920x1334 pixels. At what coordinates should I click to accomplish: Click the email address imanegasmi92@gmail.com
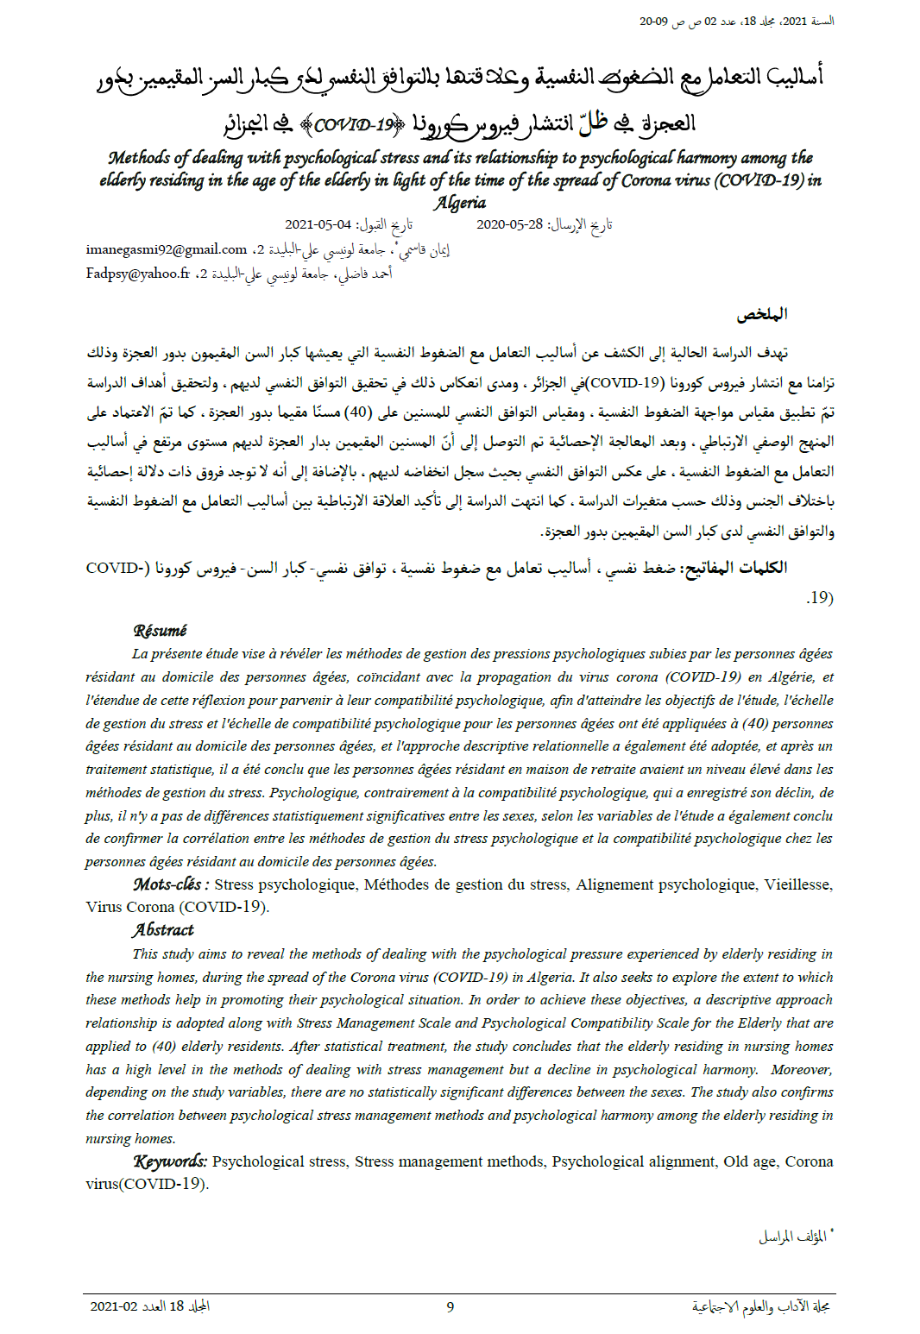point(167,249)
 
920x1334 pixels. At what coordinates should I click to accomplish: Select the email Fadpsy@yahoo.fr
point(137,274)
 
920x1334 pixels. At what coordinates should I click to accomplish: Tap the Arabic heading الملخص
point(761,314)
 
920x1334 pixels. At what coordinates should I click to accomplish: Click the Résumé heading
point(160,631)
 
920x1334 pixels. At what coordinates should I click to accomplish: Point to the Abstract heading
point(163,930)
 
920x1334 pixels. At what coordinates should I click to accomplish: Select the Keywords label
point(170,1161)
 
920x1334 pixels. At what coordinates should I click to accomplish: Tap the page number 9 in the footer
point(450,1306)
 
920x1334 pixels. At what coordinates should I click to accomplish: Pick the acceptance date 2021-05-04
point(318,224)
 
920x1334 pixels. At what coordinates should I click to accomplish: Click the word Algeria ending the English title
point(460,203)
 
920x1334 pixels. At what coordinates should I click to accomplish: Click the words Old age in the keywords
point(750,1161)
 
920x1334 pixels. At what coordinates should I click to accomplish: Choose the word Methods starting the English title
point(139,158)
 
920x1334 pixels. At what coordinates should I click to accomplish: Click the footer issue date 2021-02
point(114,1306)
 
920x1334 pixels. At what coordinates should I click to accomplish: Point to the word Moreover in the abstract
point(801,1069)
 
